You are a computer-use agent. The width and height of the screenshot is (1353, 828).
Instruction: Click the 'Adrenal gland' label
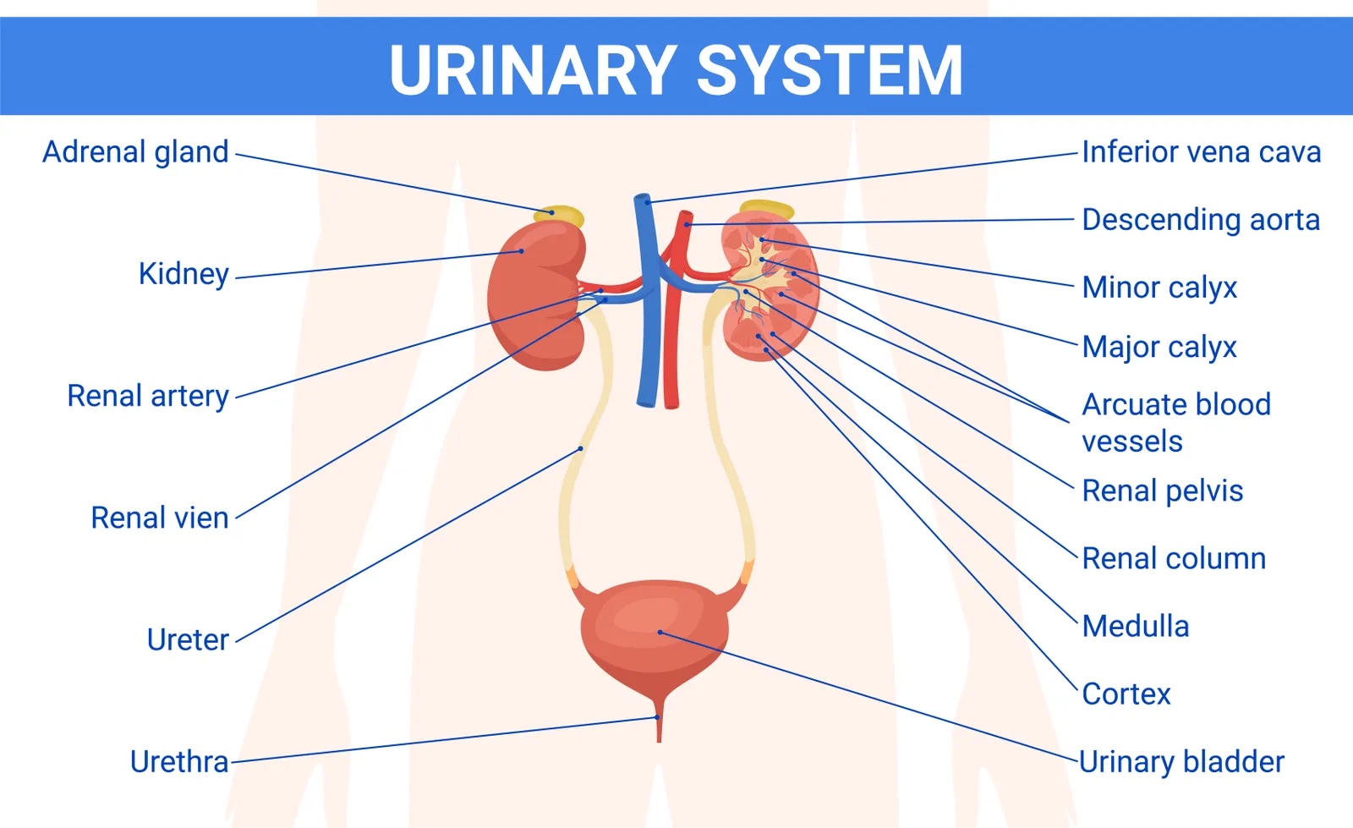tap(135, 152)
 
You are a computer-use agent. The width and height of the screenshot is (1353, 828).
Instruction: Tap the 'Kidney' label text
tap(184, 274)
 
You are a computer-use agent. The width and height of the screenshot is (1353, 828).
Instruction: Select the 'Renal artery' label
tap(148, 396)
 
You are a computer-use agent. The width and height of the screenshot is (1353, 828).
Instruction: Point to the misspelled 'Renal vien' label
tap(160, 518)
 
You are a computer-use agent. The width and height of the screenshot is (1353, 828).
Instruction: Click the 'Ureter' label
tap(188, 639)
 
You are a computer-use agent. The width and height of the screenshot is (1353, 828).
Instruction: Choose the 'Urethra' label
tap(179, 761)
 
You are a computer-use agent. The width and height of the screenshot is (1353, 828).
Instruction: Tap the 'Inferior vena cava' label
tap(1201, 152)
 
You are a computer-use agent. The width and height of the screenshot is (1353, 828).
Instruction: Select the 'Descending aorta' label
tap(1201, 220)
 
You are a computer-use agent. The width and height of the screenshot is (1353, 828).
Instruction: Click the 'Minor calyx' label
tap(1159, 288)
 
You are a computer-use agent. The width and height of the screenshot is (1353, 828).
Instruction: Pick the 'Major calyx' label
tap(1159, 347)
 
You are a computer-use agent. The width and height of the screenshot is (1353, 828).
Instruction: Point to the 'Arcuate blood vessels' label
tap(1175, 422)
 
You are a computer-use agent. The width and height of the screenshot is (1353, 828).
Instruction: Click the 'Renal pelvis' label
tap(1163, 491)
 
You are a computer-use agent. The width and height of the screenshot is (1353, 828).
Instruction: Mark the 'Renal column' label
tap(1174, 558)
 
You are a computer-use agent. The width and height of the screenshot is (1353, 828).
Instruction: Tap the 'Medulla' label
tap(1136, 626)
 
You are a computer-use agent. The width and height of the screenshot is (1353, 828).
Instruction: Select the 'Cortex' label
tap(1126, 694)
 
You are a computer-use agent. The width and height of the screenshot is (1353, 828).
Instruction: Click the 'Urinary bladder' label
tap(1181, 761)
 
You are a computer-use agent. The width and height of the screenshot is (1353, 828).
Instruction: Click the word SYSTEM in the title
tap(830, 70)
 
